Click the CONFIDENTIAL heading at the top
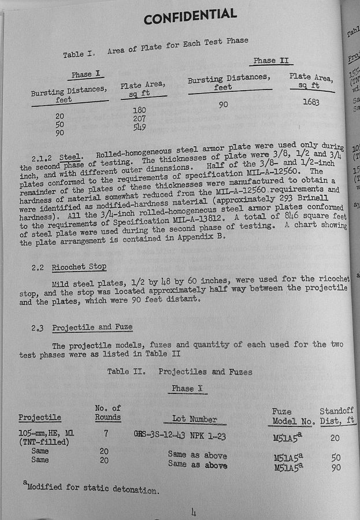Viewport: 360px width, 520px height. click(x=190, y=16)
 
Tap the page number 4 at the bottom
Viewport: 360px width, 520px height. click(x=193, y=511)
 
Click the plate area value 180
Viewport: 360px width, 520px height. click(x=139, y=110)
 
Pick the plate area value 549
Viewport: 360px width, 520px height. click(x=139, y=127)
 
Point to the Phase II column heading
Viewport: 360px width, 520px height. click(x=273, y=61)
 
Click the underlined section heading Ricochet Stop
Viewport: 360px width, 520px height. click(x=79, y=267)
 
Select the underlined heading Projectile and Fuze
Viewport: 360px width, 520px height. click(x=92, y=327)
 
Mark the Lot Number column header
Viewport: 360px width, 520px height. click(x=194, y=419)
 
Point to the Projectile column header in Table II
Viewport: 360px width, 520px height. click(x=39, y=418)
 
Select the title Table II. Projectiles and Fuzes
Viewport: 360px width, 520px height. click(x=180, y=372)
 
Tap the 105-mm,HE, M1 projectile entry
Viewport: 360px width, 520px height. click(x=46, y=433)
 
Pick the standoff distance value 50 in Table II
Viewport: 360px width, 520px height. click(x=336, y=458)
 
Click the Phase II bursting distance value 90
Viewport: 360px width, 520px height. click(x=224, y=105)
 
